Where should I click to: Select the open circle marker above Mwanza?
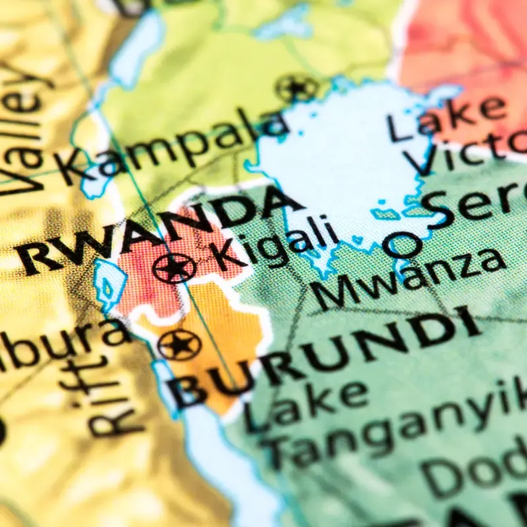tap(402, 246)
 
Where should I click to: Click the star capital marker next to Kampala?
tap(296, 88)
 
